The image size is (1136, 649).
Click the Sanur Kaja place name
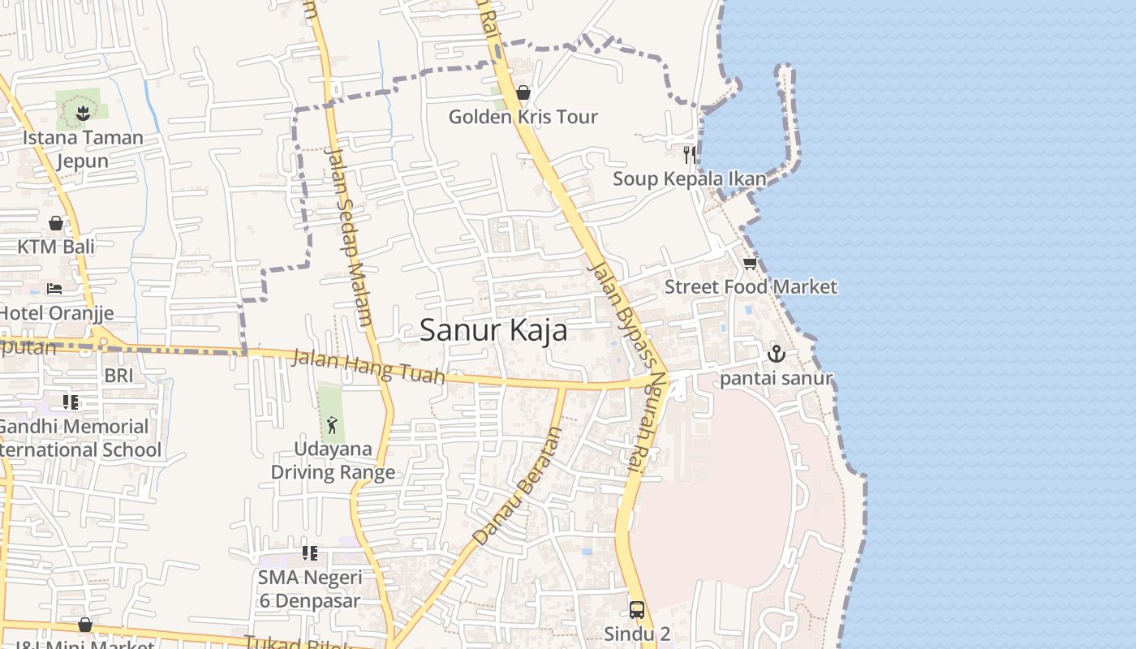tap(493, 330)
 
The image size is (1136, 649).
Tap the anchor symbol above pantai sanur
tap(777, 354)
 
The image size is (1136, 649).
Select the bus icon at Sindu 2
tap(637, 609)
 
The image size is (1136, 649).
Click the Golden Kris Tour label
tap(523, 117)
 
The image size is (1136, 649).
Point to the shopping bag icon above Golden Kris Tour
tap(523, 92)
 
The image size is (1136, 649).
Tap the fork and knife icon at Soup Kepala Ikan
tap(689, 154)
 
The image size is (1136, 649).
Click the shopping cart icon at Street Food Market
tap(750, 264)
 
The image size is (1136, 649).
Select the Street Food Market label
tap(751, 286)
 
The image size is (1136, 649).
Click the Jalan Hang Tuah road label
tap(369, 366)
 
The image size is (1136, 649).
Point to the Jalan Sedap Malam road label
tap(348, 235)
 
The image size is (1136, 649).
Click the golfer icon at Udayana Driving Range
tap(332, 424)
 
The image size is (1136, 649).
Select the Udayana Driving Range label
tap(333, 460)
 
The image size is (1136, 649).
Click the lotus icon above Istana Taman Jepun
tap(83, 114)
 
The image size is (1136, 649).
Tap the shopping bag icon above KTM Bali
tap(56, 222)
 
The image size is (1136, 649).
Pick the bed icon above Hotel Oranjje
tap(54, 289)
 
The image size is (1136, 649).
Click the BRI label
tap(118, 376)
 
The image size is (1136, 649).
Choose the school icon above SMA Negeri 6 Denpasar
tap(309, 553)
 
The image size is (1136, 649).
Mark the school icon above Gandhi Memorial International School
tap(71, 402)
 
